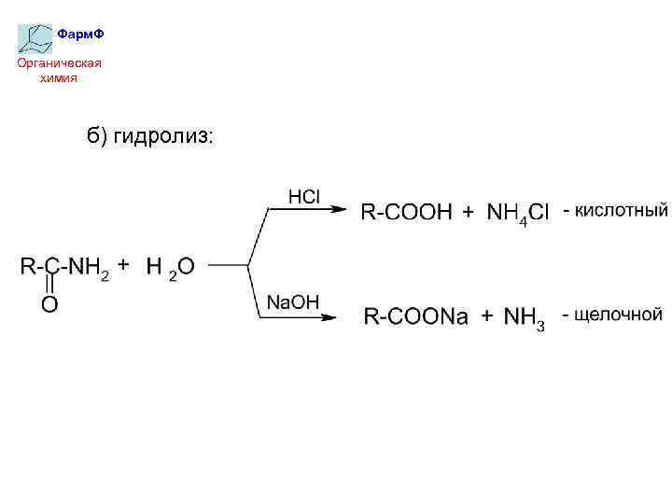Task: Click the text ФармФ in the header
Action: tap(80, 35)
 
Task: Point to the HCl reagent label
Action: tap(304, 197)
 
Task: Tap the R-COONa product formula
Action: tap(415, 317)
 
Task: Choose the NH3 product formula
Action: tap(525, 319)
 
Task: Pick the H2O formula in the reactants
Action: tap(170, 267)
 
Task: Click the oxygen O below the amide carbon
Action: tap(49, 304)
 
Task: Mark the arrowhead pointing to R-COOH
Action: tap(340, 210)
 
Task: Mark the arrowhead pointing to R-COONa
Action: tap(329, 317)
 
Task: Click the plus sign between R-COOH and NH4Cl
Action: tap(469, 213)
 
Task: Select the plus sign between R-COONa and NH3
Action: tap(487, 317)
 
